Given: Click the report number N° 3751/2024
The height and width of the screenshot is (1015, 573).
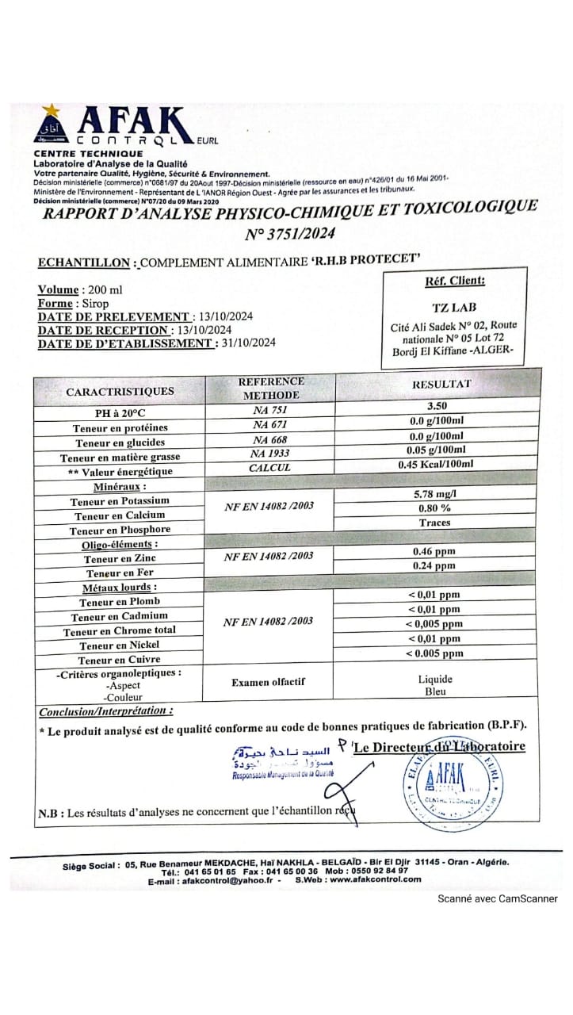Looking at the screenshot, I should pos(289,233).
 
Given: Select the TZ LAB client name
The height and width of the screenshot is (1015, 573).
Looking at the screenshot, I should pos(454,307).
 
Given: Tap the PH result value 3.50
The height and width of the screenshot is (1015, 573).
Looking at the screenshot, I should pos(437,405).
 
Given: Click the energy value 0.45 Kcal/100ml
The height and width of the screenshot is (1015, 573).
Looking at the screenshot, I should pos(437,464).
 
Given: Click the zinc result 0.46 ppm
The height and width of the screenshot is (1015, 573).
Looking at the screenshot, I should pos(434,551).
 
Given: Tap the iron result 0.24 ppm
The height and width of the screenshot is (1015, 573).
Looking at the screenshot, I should pos(434,565).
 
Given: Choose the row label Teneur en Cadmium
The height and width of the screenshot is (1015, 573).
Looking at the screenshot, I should pos(119,616).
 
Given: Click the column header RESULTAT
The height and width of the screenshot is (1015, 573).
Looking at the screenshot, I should pos(441,384).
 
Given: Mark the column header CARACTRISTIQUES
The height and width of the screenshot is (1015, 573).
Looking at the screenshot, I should pos(120,391).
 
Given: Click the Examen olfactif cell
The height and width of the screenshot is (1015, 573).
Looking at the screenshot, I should pos(268,681).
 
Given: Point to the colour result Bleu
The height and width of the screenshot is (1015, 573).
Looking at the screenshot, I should pos(435,691).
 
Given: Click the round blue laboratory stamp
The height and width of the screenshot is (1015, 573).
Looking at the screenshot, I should pos(453,783).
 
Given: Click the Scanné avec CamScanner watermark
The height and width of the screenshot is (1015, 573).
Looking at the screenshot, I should pos(499,898).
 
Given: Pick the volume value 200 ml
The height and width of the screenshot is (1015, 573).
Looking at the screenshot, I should pos(102,290).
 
